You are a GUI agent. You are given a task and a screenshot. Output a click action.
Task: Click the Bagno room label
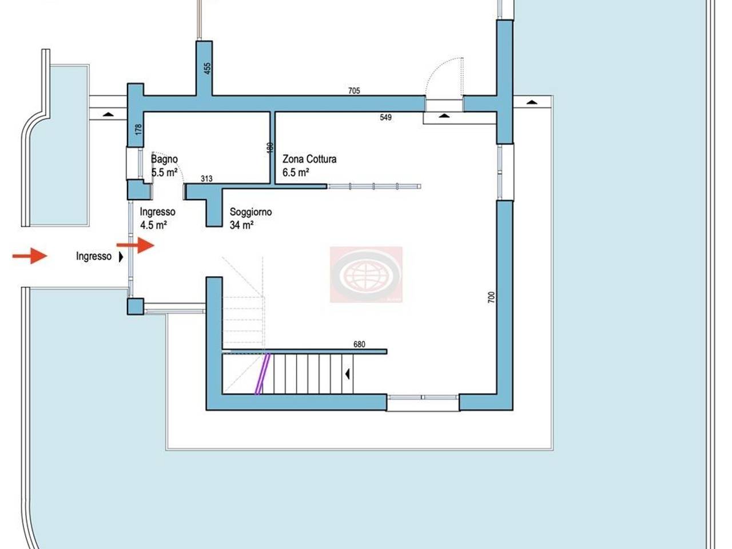[164, 160]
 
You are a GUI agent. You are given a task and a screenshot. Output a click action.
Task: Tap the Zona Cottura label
[309, 160]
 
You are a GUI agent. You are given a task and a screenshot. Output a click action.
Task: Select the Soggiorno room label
[250, 212]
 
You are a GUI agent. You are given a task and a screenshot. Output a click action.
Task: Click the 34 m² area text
[241, 225]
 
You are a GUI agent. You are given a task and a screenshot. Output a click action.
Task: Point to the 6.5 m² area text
[296, 173]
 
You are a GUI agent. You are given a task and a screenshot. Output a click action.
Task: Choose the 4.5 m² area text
[153, 225]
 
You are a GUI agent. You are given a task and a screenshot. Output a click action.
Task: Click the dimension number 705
[354, 90]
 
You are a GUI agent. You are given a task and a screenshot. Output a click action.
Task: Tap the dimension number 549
[385, 117]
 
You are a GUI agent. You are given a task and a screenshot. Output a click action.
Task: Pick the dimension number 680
[359, 344]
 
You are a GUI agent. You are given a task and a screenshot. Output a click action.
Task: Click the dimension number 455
[208, 68]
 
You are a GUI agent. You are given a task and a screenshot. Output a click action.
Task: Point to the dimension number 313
[206, 179]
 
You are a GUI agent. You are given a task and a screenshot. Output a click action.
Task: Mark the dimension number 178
[138, 129]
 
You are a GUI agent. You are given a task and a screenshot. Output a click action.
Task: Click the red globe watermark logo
[366, 274]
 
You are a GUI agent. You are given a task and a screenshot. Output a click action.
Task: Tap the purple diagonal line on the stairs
[262, 374]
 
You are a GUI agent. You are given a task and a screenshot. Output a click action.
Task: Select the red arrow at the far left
[30, 256]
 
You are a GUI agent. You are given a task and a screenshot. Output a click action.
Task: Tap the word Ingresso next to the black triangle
[94, 257]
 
